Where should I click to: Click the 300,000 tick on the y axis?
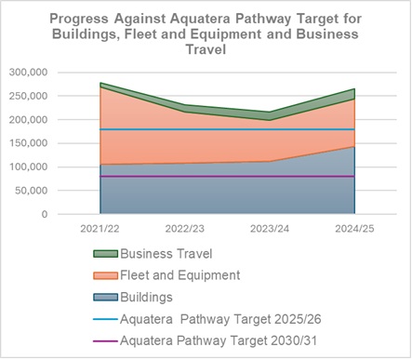coord(27,72)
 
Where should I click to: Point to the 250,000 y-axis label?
coord(27,96)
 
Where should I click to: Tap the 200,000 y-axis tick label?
coord(27,119)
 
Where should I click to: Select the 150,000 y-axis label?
coord(27,143)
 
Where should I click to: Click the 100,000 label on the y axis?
coord(27,167)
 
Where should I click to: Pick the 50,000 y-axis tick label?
coord(30,191)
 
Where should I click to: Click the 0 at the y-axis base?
coord(44,214)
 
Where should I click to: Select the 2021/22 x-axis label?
coord(101,227)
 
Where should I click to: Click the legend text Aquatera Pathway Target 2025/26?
coord(220,319)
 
